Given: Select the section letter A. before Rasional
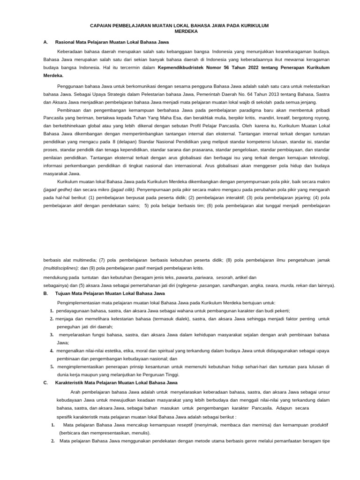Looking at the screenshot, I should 45,42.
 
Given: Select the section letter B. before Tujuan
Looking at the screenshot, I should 45,293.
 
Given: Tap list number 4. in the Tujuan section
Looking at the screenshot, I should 52,350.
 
